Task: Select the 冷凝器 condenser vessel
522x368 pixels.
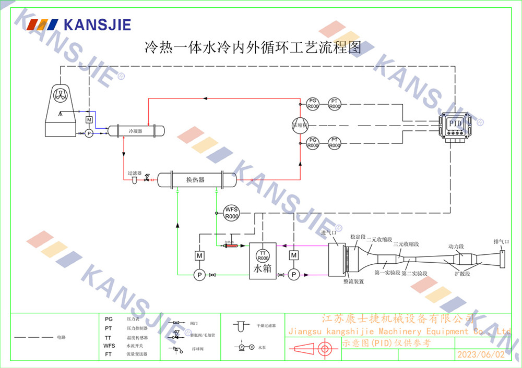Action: [x=136, y=131]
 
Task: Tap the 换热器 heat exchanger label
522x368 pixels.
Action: [x=195, y=180]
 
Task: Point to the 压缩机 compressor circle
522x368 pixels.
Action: [x=300, y=125]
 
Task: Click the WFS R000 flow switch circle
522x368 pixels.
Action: [x=231, y=213]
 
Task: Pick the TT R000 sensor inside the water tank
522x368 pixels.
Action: [x=263, y=256]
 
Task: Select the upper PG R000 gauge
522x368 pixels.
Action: [x=312, y=104]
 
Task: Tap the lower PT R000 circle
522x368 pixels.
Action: [x=335, y=143]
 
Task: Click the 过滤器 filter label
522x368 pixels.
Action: [x=134, y=173]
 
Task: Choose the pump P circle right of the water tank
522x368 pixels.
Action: [x=294, y=274]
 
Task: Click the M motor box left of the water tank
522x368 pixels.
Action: [x=199, y=255]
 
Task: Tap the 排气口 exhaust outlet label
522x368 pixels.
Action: [x=501, y=242]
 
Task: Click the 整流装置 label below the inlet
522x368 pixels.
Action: [x=353, y=281]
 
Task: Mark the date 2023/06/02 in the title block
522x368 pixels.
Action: [x=481, y=354]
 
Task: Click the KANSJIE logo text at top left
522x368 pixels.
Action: [x=97, y=24]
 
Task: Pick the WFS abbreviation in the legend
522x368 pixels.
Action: [x=109, y=346]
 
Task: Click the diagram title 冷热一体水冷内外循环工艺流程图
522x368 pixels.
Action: [x=253, y=48]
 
